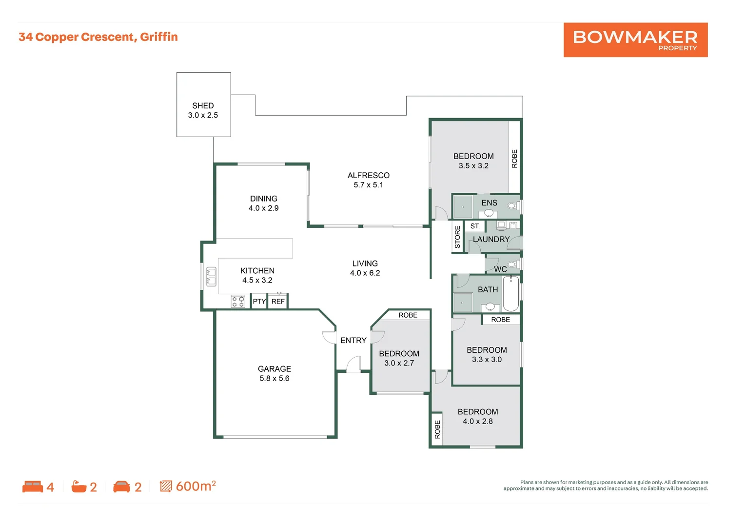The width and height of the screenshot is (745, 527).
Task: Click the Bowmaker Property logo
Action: point(635,40)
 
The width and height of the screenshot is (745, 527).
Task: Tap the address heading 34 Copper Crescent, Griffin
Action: point(98,37)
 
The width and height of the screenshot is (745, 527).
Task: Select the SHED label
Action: point(203,105)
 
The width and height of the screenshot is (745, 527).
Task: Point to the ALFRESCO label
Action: point(369,175)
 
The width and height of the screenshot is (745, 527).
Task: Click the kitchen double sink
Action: point(211,277)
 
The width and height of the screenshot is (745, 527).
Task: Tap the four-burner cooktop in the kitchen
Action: point(238,302)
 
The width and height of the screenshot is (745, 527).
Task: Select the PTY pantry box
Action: point(259,301)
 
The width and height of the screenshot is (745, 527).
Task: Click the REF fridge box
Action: point(278,301)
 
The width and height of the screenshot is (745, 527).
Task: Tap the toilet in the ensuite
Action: point(513,205)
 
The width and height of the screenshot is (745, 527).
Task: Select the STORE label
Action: point(457,237)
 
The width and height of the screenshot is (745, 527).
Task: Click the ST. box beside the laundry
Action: point(475,226)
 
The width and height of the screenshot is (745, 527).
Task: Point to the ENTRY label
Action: point(353,340)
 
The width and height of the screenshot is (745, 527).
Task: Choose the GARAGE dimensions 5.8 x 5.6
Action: point(274,378)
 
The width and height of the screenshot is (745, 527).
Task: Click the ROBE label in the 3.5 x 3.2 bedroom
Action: point(514,159)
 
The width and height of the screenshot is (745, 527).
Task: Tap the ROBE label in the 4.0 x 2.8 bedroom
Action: point(437,429)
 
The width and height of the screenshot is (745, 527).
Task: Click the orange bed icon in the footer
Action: point(33,486)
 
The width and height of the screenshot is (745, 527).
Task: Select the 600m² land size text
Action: point(196,486)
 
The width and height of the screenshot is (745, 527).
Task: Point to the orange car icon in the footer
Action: point(121,486)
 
